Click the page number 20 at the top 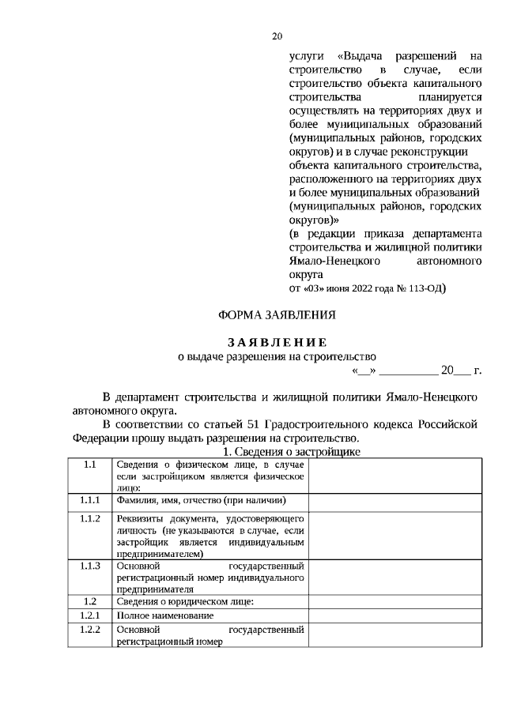[x=277, y=36]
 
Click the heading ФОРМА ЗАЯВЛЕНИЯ [x=277, y=315]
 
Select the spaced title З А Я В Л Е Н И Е [x=277, y=342]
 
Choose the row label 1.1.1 [x=89, y=500]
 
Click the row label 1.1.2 [x=89, y=518]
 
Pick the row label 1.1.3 [x=89, y=566]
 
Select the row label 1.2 [x=89, y=601]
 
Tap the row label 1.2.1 [x=89, y=615]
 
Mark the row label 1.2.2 [x=89, y=630]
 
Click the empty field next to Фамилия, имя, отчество [x=393, y=501]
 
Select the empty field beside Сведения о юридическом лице [x=393, y=601]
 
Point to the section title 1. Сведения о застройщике [x=292, y=451]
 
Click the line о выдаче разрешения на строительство [x=277, y=356]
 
